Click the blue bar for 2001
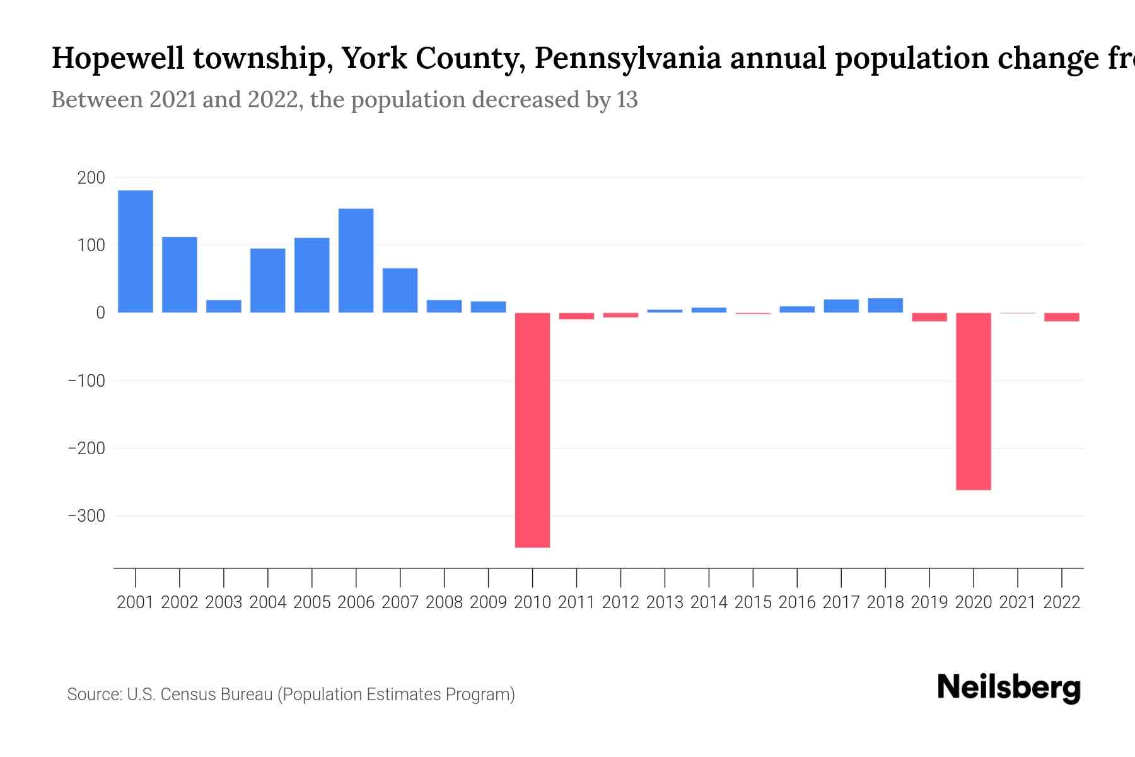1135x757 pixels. pyautogui.click(x=136, y=251)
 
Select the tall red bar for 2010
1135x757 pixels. pyautogui.click(x=532, y=430)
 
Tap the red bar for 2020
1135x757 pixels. pyautogui.click(x=973, y=401)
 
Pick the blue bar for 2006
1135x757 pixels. pyautogui.click(x=356, y=261)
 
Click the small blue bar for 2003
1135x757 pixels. pyautogui.click(x=224, y=307)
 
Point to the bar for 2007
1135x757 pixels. pyautogui.click(x=400, y=290)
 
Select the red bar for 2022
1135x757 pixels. pyautogui.click(x=1061, y=317)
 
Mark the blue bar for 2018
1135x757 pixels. pyautogui.click(x=885, y=305)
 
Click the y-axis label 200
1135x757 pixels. pyautogui.click(x=91, y=178)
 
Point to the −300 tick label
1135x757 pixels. pyautogui.click(x=86, y=516)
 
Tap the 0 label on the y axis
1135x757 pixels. pyautogui.click(x=100, y=313)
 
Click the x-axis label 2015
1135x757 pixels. pyautogui.click(x=753, y=602)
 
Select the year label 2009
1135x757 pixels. pyautogui.click(x=488, y=602)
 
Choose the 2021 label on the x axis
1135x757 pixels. pyautogui.click(x=1017, y=602)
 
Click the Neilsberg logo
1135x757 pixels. pyautogui.click(x=1009, y=688)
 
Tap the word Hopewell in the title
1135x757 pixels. pyautogui.click(x=118, y=59)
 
